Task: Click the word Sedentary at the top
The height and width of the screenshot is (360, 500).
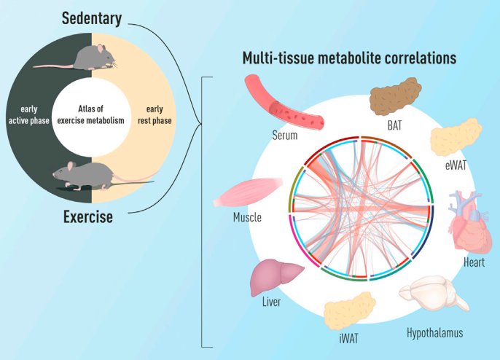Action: point(92,17)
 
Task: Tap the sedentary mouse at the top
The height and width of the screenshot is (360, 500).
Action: point(84,59)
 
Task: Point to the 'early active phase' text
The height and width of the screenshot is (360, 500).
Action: point(29,114)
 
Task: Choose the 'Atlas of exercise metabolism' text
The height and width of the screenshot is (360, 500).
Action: point(91,114)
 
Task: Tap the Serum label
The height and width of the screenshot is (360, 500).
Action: point(286,135)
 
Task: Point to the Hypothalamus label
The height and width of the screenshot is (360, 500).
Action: point(434,333)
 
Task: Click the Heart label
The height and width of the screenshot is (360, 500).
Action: point(474,262)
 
